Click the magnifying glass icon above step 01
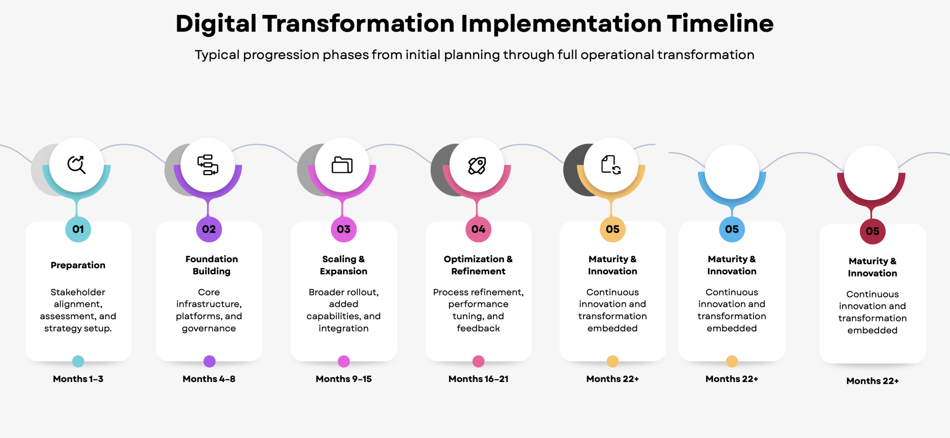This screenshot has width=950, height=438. pyautogui.click(x=76, y=165)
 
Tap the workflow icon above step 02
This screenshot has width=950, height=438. pyautogui.click(x=208, y=165)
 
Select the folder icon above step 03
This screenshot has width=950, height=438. pyautogui.click(x=342, y=165)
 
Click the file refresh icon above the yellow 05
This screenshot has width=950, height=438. pyautogui.click(x=611, y=165)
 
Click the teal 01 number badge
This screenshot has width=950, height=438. pyautogui.click(x=78, y=229)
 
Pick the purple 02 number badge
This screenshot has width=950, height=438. pyautogui.click(x=209, y=229)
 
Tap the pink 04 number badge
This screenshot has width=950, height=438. pyautogui.click(x=478, y=229)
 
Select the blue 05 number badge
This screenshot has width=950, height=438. pyautogui.click(x=732, y=229)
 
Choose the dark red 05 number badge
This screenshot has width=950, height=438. pyautogui.click(x=873, y=231)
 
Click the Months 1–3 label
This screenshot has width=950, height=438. pyautogui.click(x=78, y=379)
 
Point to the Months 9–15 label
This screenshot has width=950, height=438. pyautogui.click(x=344, y=379)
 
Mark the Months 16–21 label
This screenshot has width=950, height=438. pyautogui.click(x=478, y=379)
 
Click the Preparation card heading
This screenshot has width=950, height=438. pyautogui.click(x=78, y=265)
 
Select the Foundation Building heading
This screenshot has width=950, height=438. pyautogui.click(x=212, y=265)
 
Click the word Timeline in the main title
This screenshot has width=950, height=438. pyautogui.click(x=720, y=23)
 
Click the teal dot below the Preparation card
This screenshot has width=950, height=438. pyautogui.click(x=78, y=361)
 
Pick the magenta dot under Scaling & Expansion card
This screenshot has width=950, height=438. pyautogui.click(x=344, y=361)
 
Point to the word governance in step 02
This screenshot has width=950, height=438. pyautogui.click(x=209, y=329)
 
